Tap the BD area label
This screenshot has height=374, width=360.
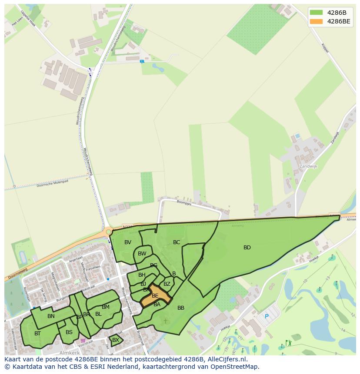[x=247, y=248]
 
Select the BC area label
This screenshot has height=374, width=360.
[x=177, y=242]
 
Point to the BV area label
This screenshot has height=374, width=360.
[x=128, y=242]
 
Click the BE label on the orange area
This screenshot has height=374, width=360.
[x=155, y=296]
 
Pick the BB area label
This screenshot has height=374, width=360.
[x=181, y=308]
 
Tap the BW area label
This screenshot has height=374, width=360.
[x=142, y=254]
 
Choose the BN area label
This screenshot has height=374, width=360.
[x=51, y=316]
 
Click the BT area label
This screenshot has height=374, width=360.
[x=37, y=334]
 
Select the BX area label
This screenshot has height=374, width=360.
[x=116, y=340]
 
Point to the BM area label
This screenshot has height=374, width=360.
[x=106, y=307]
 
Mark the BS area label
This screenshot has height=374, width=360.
[x=69, y=332]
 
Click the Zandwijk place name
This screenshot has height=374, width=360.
[x=309, y=166]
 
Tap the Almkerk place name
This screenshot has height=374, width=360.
[x=70, y=352]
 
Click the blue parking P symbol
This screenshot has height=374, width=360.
[x=267, y=317]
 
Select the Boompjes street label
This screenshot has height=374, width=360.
[x=184, y=202]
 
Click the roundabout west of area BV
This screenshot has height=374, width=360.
[x=107, y=232]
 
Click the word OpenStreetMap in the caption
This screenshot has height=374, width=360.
[x=235, y=367]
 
